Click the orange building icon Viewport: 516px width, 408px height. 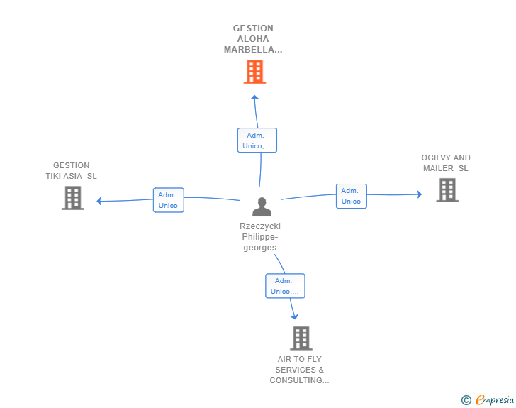[x=254, y=72]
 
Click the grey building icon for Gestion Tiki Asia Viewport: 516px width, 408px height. [x=73, y=198]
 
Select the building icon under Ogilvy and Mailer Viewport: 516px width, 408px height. [x=447, y=190]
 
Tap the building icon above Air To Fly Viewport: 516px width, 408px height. [x=301, y=338]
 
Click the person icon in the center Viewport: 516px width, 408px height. [x=262, y=206]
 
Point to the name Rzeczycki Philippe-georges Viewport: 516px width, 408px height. [x=260, y=236]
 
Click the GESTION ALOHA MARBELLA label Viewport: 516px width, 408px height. [x=253, y=39]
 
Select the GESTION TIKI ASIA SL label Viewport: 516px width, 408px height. [x=71, y=171]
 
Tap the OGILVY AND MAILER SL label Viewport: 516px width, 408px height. [x=446, y=162]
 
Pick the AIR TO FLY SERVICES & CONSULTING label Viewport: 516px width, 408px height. [x=299, y=370]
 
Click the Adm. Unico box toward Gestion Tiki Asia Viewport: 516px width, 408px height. [x=169, y=200]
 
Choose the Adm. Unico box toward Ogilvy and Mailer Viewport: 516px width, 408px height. [x=352, y=196]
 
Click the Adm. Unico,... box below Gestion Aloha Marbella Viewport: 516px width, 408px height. [x=257, y=140]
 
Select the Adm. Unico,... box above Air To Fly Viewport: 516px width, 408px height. [x=286, y=286]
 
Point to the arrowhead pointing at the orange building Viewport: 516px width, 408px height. [x=254, y=97]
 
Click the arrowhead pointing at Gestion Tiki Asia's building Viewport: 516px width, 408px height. [x=99, y=201]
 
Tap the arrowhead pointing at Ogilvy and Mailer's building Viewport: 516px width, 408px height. [x=420, y=194]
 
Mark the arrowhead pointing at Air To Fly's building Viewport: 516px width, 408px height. [x=295, y=316]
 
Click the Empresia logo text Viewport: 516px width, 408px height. [x=495, y=399]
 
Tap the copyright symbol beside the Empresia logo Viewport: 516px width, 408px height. [x=466, y=400]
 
